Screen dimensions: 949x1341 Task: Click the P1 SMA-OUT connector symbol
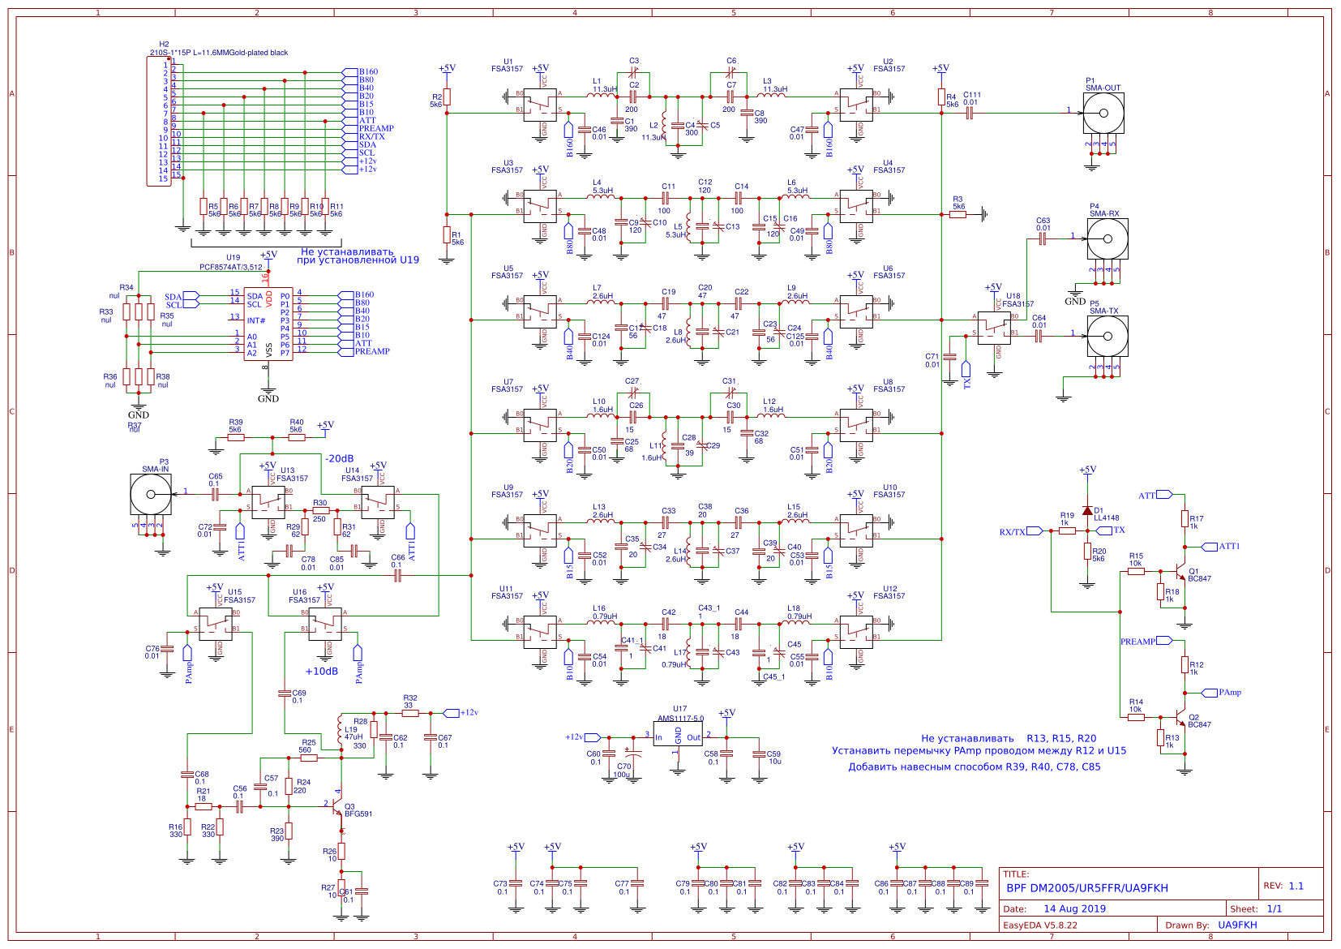click(1103, 113)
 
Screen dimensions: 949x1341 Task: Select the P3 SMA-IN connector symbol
click(151, 494)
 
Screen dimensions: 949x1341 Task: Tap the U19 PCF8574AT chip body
click(268, 324)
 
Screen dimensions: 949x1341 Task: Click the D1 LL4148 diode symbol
click(1087, 510)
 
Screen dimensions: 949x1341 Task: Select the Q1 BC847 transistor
click(1180, 572)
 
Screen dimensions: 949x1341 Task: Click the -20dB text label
click(339, 458)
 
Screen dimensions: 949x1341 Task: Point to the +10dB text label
click(321, 672)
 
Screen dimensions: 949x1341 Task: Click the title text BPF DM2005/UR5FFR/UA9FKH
click(1086, 888)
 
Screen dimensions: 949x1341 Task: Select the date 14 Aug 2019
click(1074, 909)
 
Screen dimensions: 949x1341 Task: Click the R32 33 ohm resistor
click(410, 713)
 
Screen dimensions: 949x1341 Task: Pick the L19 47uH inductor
click(340, 732)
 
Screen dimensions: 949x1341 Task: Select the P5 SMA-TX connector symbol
click(1107, 336)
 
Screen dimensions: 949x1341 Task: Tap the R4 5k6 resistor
click(941, 98)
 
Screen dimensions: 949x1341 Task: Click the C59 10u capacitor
click(759, 754)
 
